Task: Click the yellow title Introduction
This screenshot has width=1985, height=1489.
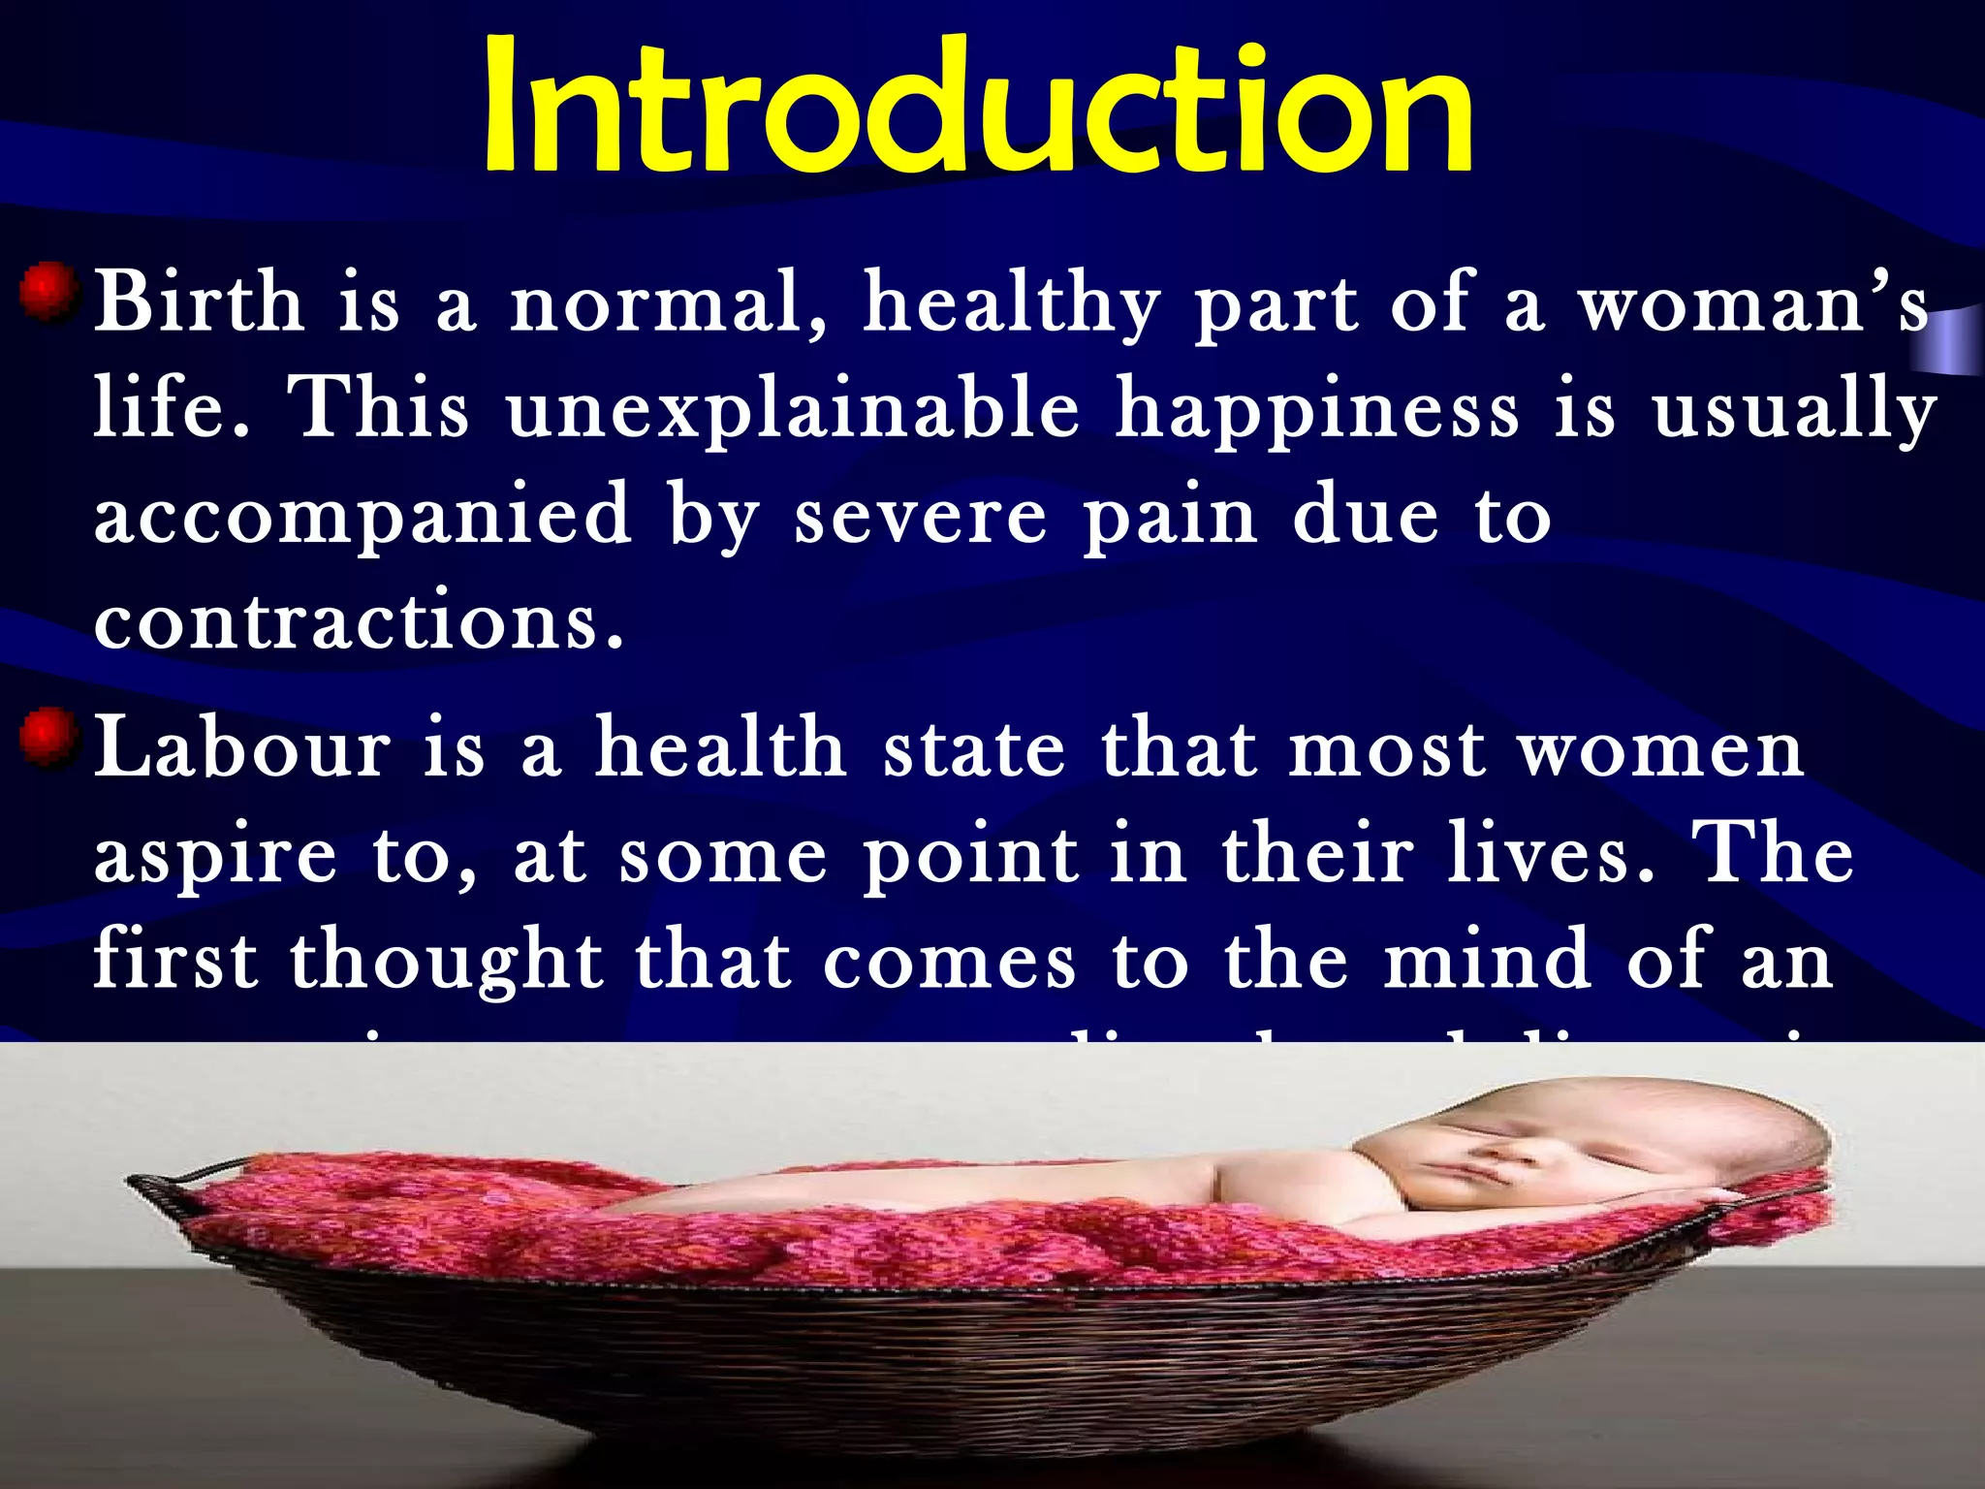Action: click(977, 107)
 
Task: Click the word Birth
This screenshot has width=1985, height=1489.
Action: click(199, 303)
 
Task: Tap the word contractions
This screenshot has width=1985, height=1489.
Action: click(359, 620)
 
